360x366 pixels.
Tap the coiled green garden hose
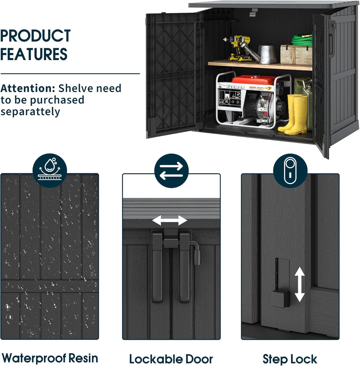(x=302, y=40)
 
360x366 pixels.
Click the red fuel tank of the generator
(x=254, y=80)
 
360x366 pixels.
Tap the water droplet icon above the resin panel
(x=50, y=171)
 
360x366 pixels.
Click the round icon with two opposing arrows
(x=172, y=171)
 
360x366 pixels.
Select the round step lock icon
(x=290, y=171)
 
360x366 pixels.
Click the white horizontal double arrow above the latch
(x=170, y=220)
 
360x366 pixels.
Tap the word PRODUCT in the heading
(x=36, y=36)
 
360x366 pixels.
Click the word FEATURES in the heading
(x=34, y=54)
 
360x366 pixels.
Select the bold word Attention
(x=27, y=88)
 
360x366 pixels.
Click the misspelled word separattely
(x=30, y=112)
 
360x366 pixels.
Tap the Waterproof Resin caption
(x=50, y=358)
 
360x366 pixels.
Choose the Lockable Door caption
(x=171, y=359)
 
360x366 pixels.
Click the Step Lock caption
(x=290, y=359)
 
